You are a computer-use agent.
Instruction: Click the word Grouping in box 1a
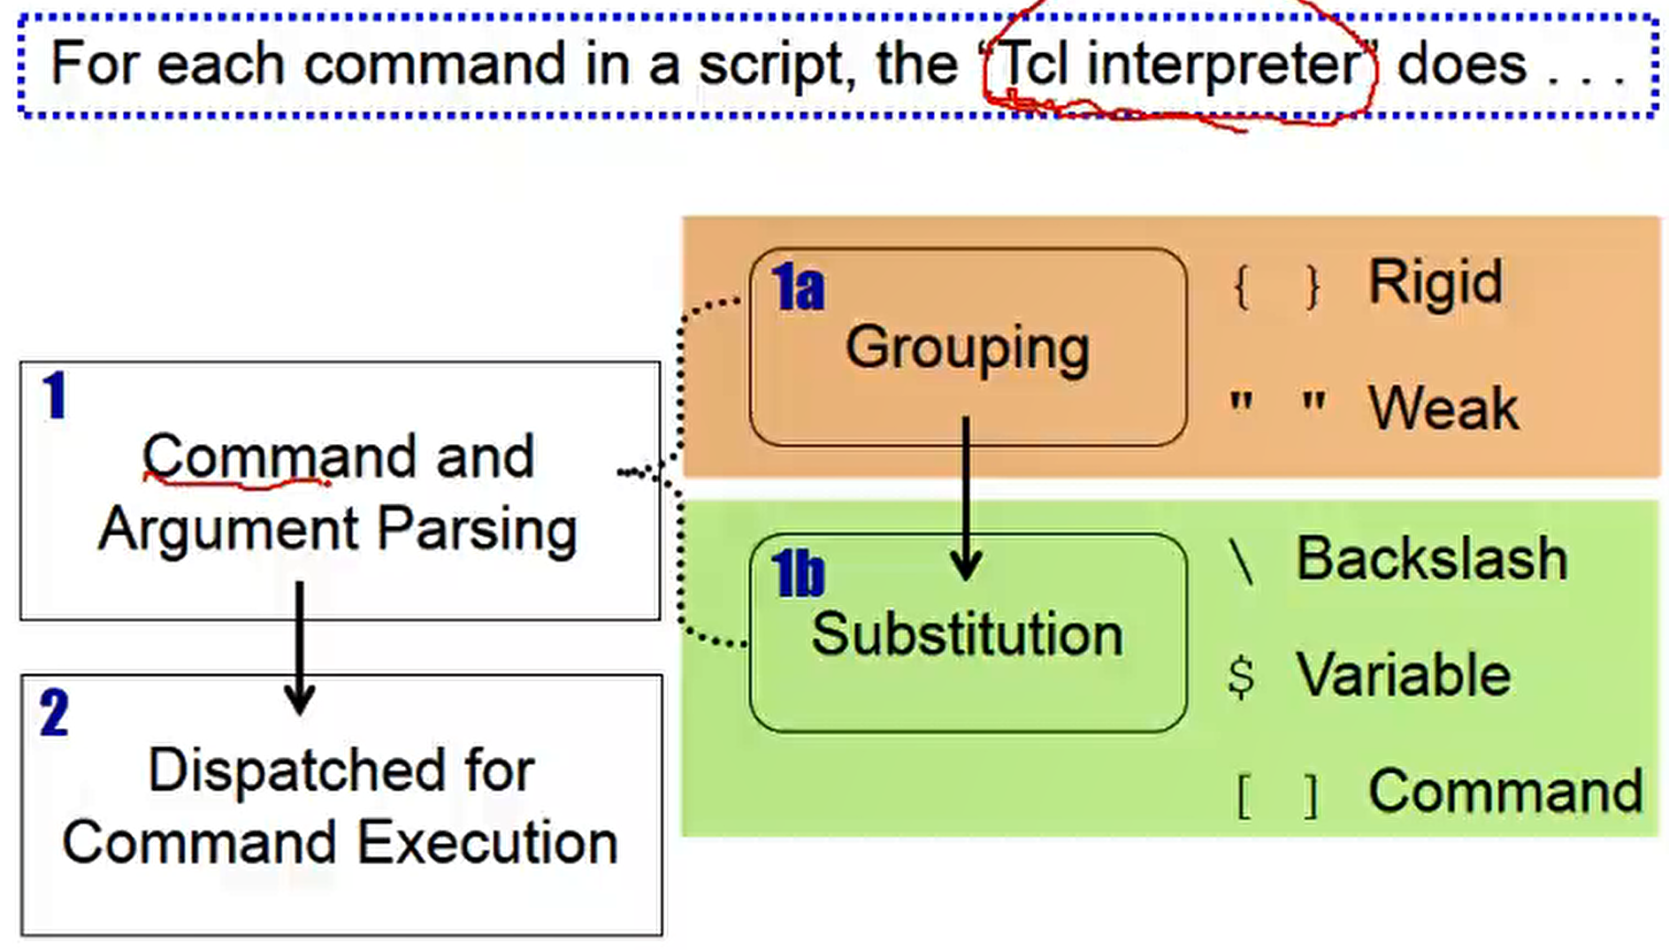(x=967, y=348)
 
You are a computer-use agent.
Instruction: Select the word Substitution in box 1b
(x=967, y=633)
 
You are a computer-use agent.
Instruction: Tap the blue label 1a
(x=798, y=287)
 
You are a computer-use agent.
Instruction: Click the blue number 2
(x=54, y=714)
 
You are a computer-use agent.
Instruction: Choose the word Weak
(x=1443, y=408)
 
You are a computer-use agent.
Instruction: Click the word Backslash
(x=1431, y=559)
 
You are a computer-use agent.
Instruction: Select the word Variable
(x=1404, y=675)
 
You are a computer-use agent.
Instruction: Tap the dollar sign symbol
(x=1241, y=677)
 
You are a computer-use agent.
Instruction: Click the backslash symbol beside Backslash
(x=1241, y=561)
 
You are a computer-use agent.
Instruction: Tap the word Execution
(x=488, y=842)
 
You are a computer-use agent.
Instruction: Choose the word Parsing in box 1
(x=477, y=529)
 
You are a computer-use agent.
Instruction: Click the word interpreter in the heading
(x=1223, y=64)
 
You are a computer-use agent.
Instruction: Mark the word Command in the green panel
(x=1504, y=790)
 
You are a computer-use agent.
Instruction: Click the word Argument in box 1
(x=228, y=529)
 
